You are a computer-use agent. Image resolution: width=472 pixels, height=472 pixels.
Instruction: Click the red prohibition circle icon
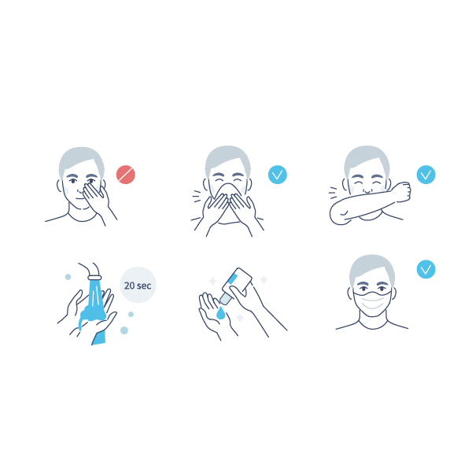pos(126,175)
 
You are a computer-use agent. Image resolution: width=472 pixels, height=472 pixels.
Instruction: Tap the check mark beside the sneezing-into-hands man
pos(277,175)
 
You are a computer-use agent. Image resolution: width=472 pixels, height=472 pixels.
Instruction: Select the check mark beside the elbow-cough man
pos(426,175)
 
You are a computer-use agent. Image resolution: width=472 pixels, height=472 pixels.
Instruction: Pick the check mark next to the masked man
pos(426,269)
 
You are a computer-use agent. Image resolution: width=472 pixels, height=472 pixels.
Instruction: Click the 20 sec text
pos(138,286)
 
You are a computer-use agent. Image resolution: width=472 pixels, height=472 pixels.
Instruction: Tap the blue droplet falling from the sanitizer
pos(220,313)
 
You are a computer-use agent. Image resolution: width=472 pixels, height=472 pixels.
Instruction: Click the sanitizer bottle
pos(236,285)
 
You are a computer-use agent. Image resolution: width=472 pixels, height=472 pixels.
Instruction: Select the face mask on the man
pos(372,303)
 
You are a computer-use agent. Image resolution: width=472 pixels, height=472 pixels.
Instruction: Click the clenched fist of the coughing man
pos(403,191)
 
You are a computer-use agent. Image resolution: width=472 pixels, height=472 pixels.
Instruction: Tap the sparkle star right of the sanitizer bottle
pos(264,279)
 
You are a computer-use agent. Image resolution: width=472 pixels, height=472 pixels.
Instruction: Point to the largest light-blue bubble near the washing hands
pos(124,330)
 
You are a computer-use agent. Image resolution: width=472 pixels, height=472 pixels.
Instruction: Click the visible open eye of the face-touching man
pos(73,181)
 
